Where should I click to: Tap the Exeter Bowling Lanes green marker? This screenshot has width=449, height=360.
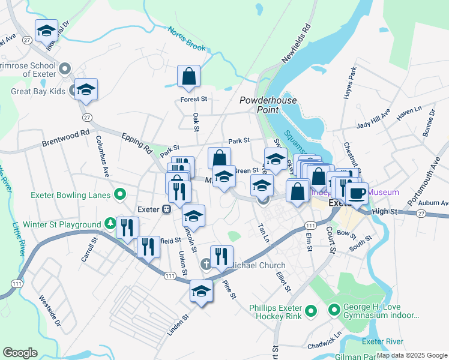point(120,194)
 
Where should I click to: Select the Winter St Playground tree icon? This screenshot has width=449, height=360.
point(109,224)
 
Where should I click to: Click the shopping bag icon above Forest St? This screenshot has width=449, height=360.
point(188,77)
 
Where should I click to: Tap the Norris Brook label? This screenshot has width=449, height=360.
point(187,38)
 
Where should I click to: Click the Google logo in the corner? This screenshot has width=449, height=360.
point(20,352)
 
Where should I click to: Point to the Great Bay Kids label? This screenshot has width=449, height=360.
point(38,92)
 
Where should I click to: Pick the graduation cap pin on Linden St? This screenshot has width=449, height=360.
point(201,292)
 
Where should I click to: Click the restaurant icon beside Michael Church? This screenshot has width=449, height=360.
point(221,257)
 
